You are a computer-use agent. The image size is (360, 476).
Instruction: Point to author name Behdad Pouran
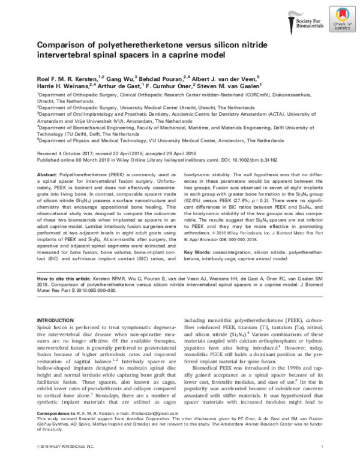(158, 77)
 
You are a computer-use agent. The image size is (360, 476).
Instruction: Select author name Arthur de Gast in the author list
(134, 86)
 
